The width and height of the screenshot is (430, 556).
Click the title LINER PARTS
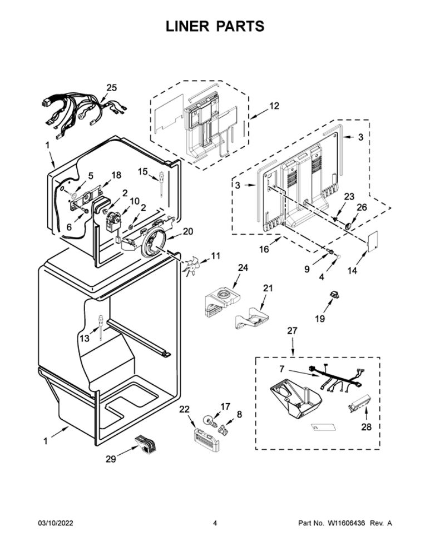[215, 26]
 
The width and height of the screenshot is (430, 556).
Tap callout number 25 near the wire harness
[112, 88]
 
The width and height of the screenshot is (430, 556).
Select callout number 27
[293, 331]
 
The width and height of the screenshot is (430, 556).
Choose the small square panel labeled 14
[373, 238]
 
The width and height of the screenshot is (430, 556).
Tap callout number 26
[362, 207]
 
